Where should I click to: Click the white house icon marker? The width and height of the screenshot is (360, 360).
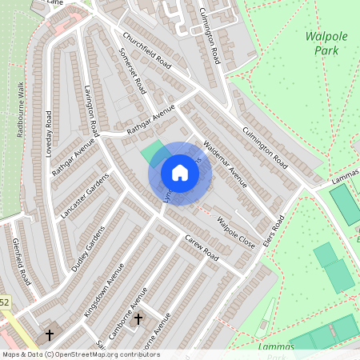(x=180, y=173)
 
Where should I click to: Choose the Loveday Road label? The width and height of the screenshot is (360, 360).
(x=49, y=132)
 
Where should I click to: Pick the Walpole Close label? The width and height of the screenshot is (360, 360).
(x=237, y=231)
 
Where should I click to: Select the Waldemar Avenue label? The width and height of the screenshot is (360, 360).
(x=226, y=165)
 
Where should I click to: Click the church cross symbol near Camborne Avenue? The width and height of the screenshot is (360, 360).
(x=138, y=320)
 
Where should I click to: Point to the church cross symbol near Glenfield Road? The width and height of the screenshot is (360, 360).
(x=49, y=334)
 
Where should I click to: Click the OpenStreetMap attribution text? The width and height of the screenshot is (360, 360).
(x=81, y=354)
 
